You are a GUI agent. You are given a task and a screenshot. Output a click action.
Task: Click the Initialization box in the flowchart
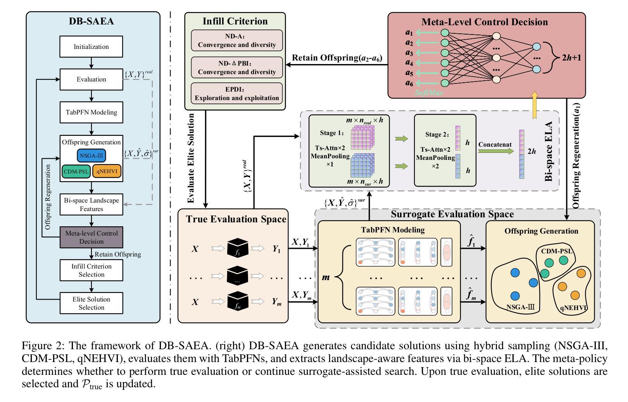tap(91, 47)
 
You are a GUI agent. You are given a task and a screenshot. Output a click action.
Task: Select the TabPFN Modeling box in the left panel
tap(91, 112)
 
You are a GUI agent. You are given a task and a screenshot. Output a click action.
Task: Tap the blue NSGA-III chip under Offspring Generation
tap(91, 156)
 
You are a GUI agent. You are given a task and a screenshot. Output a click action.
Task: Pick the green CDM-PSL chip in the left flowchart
tap(76, 171)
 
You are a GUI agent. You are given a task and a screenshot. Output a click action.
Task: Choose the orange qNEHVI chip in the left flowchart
tap(107, 171)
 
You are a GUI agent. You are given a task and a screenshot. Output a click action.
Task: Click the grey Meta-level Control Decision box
tap(91, 237)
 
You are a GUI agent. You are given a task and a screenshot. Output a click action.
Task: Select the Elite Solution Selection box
tap(91, 303)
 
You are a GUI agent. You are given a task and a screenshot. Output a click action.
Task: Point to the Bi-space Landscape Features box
tap(91, 204)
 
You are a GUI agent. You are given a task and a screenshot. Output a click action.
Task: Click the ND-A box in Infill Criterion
tap(237, 40)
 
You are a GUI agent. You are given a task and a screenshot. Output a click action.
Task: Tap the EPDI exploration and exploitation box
tap(237, 94)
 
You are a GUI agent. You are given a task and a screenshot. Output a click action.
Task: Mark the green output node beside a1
tap(445, 33)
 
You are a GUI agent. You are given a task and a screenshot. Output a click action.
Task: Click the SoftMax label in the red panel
tap(429, 93)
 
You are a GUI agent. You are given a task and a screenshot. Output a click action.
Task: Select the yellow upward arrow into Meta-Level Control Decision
tap(535, 105)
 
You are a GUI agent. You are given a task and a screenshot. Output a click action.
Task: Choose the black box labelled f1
tap(238, 248)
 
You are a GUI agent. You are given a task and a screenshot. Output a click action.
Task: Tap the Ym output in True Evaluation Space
tap(276, 301)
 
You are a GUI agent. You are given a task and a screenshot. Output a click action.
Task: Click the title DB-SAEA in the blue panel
tap(91, 21)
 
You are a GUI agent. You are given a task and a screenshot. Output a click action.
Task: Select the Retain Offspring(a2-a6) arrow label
tap(337, 58)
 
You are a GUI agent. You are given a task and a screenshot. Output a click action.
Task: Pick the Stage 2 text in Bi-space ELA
tap(437, 135)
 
